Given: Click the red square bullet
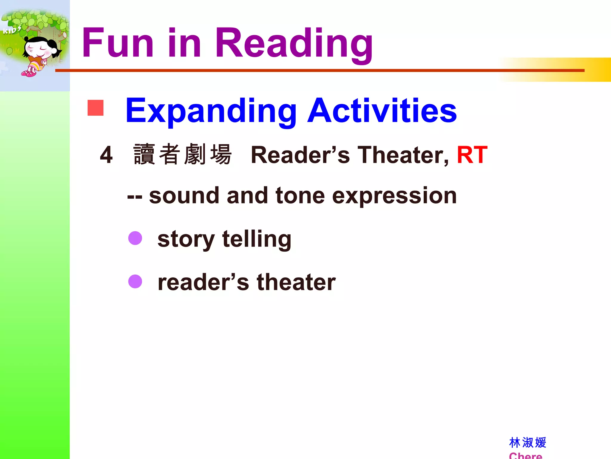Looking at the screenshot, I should pyautogui.click(x=95, y=108).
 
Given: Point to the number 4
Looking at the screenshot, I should pyautogui.click(x=106, y=155).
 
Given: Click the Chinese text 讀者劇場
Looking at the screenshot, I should pyautogui.click(x=182, y=154).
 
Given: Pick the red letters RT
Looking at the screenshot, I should pyautogui.click(x=472, y=155).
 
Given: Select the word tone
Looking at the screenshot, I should pyautogui.click(x=300, y=196).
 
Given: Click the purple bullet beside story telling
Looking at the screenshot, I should pyautogui.click(x=135, y=238).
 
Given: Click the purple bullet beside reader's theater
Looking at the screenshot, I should pyautogui.click(x=135, y=281).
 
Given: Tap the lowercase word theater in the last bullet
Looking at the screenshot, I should pyautogui.click(x=296, y=282).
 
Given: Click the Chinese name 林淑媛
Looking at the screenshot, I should pyautogui.click(x=527, y=443).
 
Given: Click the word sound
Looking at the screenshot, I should pyautogui.click(x=184, y=196).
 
